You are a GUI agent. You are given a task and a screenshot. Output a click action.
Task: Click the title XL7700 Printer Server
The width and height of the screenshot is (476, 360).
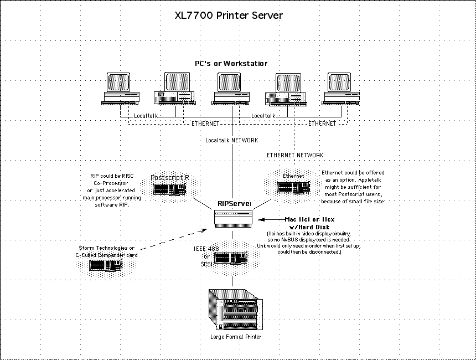pos(228,15)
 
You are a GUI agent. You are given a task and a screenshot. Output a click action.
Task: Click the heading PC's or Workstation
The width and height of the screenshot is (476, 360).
pos(231,64)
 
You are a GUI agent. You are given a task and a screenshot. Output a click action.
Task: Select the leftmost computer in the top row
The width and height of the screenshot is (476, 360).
pos(120,89)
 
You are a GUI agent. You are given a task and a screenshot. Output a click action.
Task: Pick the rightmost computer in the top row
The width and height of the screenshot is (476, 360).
pos(340,89)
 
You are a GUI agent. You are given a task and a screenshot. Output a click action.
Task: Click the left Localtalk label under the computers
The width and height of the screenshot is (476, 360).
pos(146,116)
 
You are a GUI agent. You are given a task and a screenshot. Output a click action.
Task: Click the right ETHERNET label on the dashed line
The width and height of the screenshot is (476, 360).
pos(322,124)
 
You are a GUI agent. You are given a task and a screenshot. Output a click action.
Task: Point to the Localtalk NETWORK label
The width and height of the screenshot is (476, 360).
pos(231,141)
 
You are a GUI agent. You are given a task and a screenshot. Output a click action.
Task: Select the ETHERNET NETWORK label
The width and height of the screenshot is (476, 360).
pos(295,155)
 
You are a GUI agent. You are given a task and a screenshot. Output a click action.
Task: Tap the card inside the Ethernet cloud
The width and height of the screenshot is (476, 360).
pos(293,187)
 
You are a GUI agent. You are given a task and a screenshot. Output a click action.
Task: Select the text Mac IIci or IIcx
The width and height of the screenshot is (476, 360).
pos(311,219)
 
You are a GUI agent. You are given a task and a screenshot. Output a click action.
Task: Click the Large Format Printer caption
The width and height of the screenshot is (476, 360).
pos(236,337)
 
